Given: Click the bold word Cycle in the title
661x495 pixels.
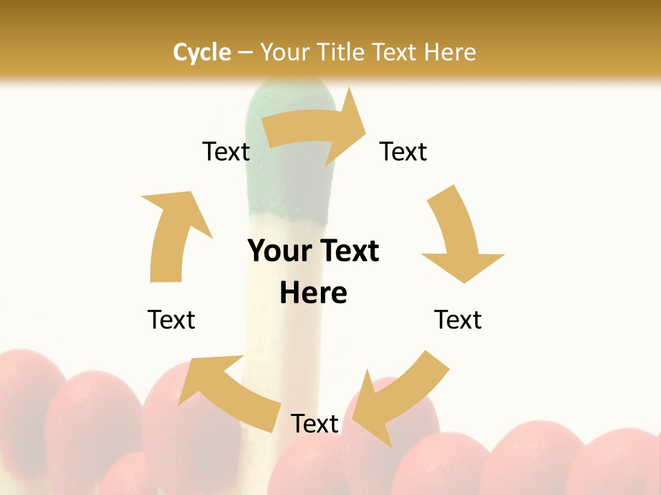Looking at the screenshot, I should pos(202,52).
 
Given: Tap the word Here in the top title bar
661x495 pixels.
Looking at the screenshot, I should pos(450,52).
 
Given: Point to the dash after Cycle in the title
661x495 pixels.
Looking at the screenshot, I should pos(245,52).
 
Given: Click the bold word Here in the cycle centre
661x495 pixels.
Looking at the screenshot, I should pos(313,294).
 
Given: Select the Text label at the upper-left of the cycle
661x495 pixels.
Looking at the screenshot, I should pos(226,151).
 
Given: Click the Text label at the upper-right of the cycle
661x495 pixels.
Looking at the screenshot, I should pos(403,151).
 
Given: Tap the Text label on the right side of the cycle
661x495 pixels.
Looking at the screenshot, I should pos(458,320).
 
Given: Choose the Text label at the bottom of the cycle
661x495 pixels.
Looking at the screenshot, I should pos(315,423).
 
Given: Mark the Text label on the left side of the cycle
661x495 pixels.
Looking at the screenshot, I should pos(171,320).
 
